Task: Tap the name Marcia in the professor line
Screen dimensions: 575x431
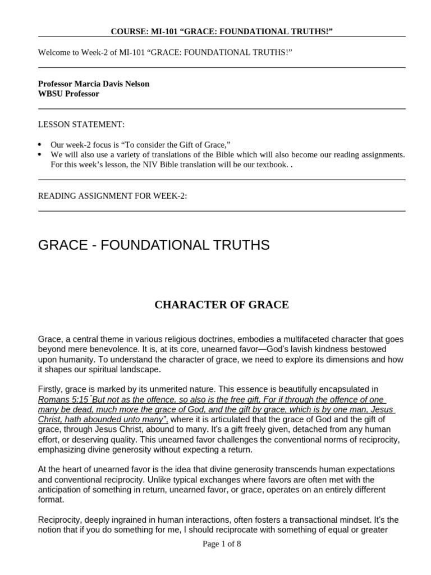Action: [x=84, y=84]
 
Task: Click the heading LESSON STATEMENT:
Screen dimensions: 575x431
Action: [x=81, y=124]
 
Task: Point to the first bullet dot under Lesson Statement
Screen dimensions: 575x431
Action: [x=40, y=144]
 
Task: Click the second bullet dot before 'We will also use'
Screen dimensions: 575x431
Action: [x=40, y=154]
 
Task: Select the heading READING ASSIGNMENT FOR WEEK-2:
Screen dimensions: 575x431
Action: [x=112, y=195]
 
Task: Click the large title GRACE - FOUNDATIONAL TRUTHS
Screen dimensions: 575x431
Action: [x=154, y=245]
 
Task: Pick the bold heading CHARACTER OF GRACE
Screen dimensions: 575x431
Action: [x=222, y=305]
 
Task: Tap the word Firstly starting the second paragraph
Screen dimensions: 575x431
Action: [x=51, y=389]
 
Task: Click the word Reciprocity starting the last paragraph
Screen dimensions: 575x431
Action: [x=61, y=519]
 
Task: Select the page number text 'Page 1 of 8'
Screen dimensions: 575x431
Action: [x=222, y=544]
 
